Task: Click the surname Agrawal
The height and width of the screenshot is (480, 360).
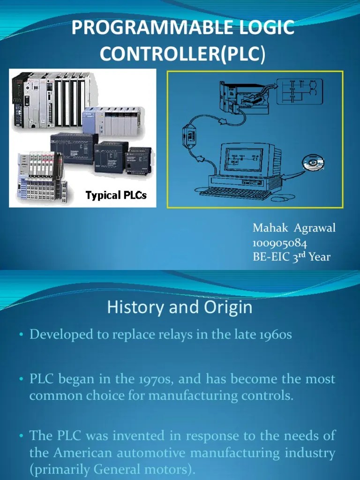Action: (x=316, y=228)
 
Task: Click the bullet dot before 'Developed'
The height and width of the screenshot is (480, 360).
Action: (x=22, y=335)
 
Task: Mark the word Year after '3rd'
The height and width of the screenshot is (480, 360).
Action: (x=320, y=257)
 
